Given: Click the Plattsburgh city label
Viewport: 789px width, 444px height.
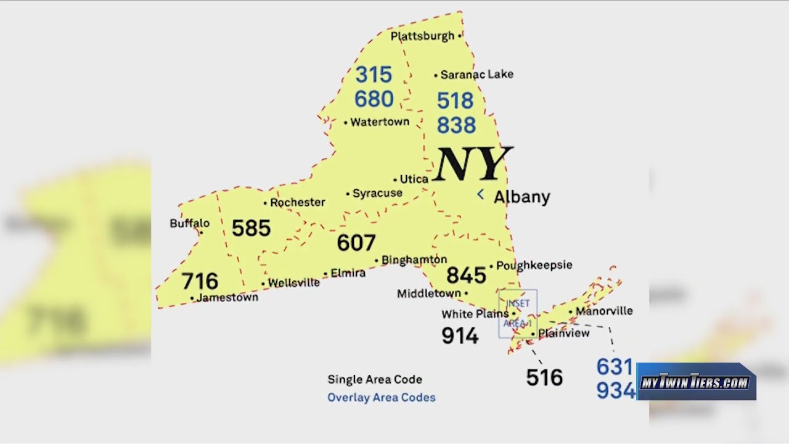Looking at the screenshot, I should [423, 36].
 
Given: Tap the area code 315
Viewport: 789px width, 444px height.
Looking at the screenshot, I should [374, 75].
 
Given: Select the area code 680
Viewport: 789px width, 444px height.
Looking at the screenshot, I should [374, 99].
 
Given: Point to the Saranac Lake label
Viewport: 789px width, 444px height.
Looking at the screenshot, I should [477, 75].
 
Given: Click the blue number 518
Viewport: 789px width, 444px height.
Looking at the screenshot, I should [456, 101].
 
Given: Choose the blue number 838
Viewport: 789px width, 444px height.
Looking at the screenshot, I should [456, 125].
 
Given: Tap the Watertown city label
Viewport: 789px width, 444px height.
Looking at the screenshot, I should [380, 122].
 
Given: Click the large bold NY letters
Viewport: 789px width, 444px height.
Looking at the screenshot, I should [472, 164].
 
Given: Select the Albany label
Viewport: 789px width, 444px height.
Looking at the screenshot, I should [522, 197].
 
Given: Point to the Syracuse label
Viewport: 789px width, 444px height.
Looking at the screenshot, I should [377, 194].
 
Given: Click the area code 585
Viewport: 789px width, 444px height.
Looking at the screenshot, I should [251, 228].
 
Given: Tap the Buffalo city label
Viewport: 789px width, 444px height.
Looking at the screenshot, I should [190, 223].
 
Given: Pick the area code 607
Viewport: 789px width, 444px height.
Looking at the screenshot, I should [356, 243].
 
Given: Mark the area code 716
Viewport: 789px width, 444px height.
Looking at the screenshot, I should [200, 281].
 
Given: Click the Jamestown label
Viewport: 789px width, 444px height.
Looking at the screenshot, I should [227, 297].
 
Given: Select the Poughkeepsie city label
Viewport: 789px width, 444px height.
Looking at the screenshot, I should [534, 265].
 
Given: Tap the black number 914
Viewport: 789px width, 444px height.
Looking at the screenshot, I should [460, 336].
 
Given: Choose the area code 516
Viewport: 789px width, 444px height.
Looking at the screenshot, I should [544, 377].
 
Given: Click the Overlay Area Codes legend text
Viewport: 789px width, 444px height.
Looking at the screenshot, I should [382, 398].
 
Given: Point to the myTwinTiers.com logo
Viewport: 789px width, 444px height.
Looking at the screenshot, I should [696, 382].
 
